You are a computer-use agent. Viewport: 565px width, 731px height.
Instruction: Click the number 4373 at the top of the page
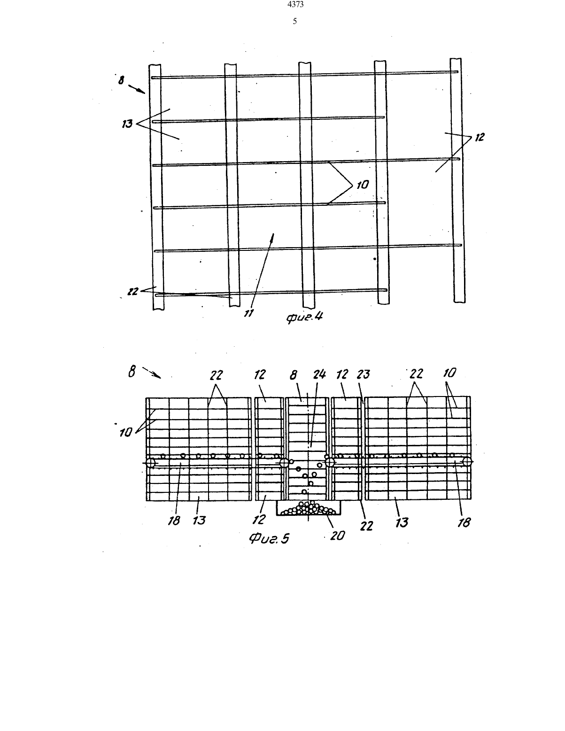click(295, 4)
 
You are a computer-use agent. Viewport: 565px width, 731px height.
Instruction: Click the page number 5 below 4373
click(295, 22)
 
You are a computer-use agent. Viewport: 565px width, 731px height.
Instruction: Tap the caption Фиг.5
click(269, 539)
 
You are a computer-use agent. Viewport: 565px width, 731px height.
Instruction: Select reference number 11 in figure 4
click(248, 313)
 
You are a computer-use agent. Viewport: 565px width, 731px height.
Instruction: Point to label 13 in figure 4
click(127, 124)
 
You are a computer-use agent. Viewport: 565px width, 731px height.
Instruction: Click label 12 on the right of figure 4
click(480, 137)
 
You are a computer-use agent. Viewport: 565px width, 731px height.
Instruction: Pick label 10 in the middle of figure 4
click(363, 185)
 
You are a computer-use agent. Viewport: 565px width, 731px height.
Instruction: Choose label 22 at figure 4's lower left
click(133, 291)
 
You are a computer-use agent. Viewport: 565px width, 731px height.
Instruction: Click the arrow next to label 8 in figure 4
click(137, 89)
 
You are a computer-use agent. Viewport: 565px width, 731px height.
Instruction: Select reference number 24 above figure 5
click(319, 374)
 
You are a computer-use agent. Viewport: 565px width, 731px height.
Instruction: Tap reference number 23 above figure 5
click(364, 374)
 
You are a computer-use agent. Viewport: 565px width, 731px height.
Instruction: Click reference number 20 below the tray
click(338, 536)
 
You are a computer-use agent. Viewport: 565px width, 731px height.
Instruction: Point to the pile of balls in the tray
click(309, 508)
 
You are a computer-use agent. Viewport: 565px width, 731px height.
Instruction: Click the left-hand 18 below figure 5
click(174, 521)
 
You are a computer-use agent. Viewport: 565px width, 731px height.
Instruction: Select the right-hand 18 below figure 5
click(464, 522)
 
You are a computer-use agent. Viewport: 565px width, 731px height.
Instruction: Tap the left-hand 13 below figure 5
click(199, 521)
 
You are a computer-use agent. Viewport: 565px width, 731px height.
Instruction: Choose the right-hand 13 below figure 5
click(402, 522)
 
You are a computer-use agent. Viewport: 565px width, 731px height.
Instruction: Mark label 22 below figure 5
click(366, 526)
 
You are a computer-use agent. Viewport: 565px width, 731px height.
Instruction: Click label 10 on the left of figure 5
click(125, 433)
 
